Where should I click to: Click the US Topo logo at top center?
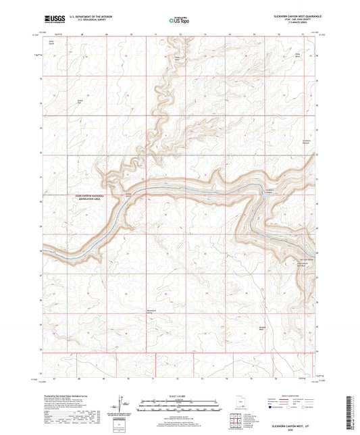point(179,21)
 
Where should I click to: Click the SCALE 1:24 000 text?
point(180,396)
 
